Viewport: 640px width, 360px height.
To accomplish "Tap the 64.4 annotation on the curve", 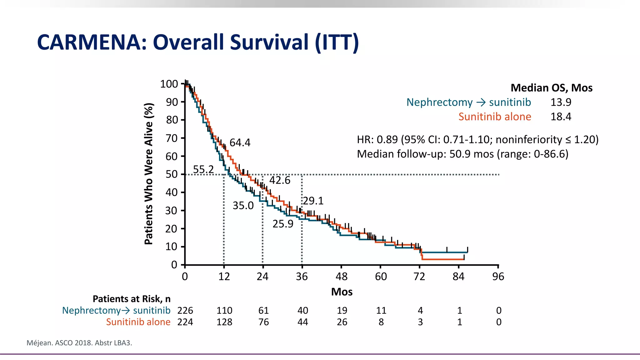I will pos(240,143).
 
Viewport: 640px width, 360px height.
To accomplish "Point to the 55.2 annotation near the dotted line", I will pos(203,169).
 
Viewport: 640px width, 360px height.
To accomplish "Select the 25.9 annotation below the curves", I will pos(283,224).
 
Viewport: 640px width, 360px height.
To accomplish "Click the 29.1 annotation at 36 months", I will pos(313,201).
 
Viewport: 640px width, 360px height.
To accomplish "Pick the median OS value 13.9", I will pos(561,102).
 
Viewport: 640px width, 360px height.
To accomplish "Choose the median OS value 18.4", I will pos(561,117).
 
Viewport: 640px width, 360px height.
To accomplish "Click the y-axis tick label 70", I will pos(172,138).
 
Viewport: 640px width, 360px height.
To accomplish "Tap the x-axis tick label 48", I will pos(341,277).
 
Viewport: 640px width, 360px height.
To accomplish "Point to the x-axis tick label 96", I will pos(498,277).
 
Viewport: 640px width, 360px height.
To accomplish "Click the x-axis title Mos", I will pos(342,292).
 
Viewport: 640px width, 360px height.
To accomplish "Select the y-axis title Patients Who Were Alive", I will pos(149,174).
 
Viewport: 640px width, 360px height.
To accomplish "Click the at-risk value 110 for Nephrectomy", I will pos(224,311).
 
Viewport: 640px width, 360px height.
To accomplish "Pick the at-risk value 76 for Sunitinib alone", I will pos(263,322).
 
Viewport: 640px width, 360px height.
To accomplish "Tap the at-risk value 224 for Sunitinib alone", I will pos(185,322).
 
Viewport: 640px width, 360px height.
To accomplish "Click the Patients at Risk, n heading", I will pos(132,299).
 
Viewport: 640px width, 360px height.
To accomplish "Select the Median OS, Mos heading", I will pos(551,88).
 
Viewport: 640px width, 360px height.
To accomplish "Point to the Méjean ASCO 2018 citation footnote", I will pos(79,343).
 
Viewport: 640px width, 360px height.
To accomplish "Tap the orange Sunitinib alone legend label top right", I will pos(495,117).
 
